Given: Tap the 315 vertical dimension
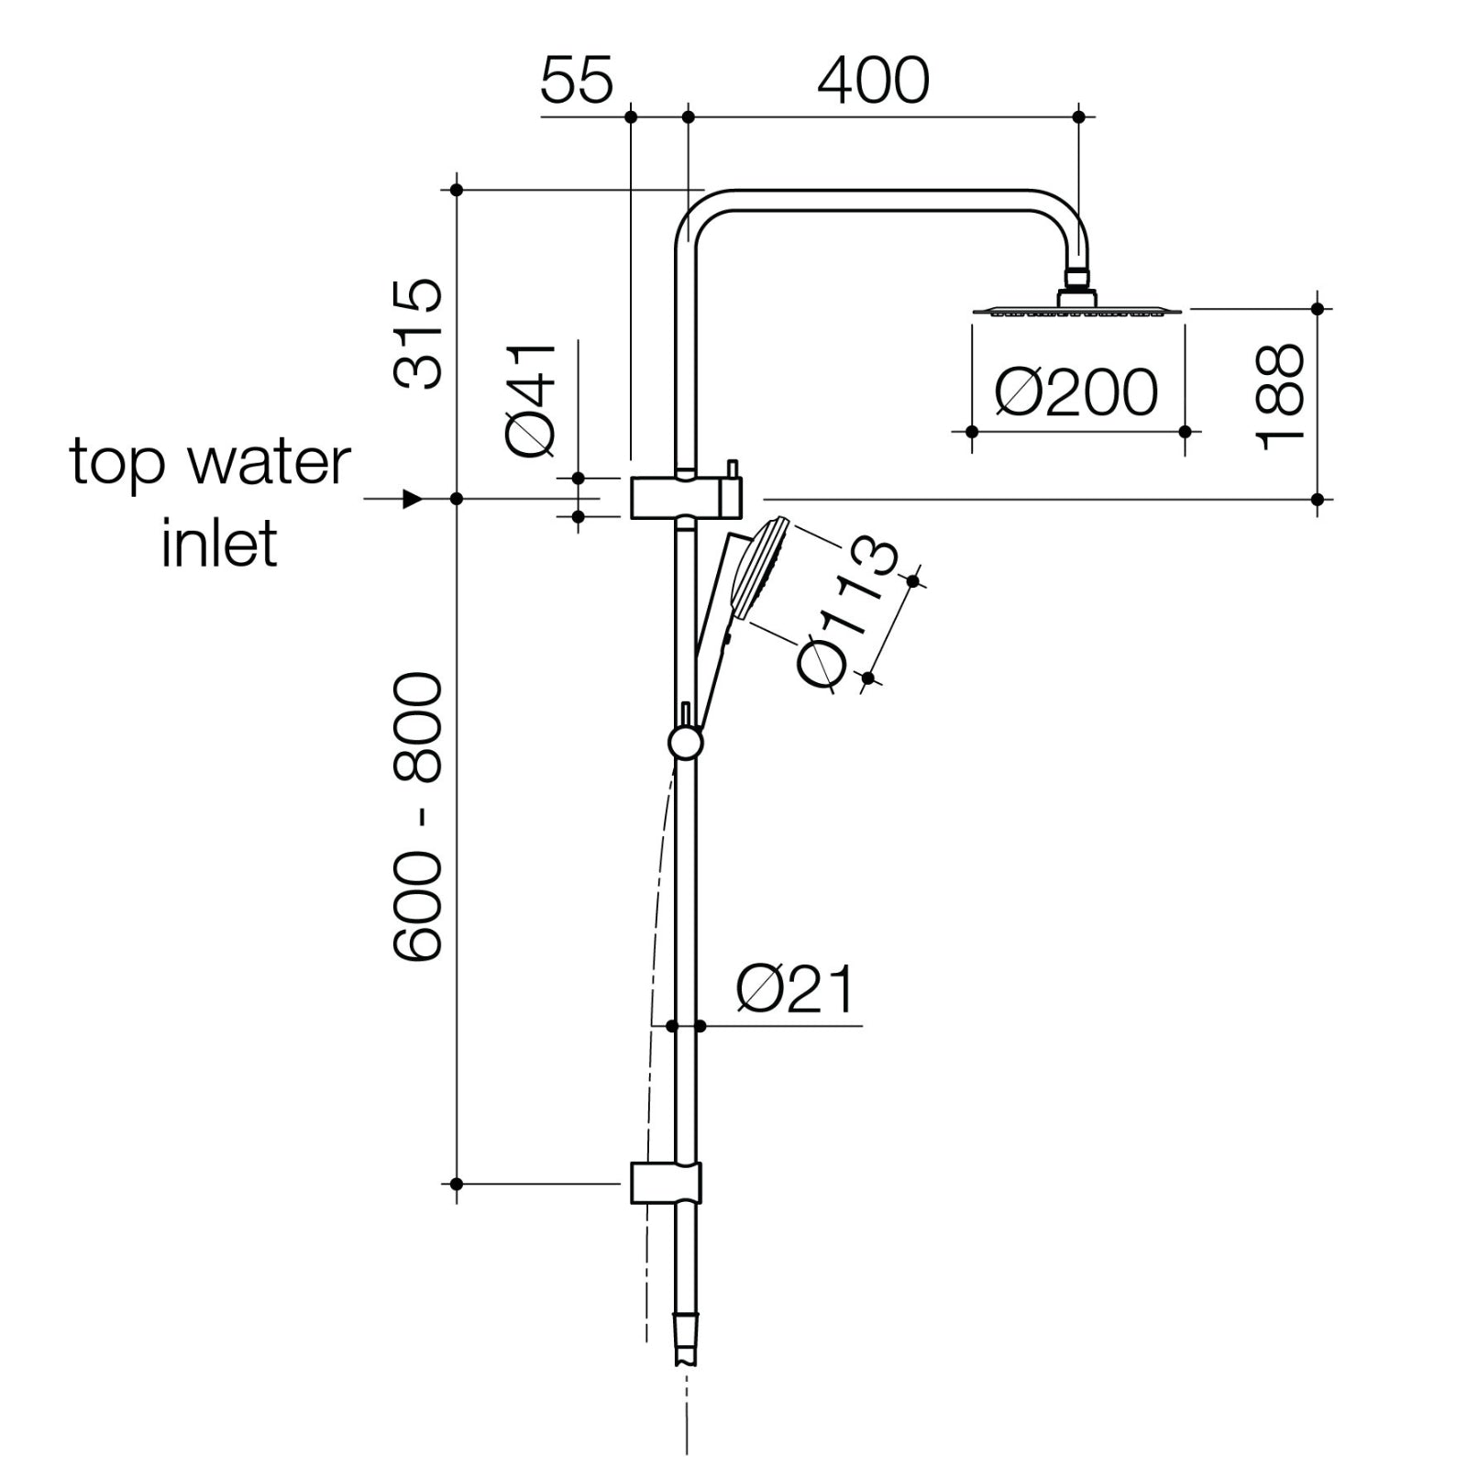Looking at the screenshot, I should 418,335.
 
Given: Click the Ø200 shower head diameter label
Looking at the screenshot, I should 1076,392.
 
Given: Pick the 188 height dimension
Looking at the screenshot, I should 1280,396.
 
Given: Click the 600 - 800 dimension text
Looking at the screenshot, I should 418,816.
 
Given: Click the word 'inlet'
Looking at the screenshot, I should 219,543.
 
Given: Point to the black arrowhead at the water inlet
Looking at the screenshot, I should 413,499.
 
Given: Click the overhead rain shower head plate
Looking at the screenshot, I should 1076,311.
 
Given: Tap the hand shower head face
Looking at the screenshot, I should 768,568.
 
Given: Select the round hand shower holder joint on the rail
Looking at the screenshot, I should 685,742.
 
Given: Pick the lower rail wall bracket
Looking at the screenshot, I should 667,1183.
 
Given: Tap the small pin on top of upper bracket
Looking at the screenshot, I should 733,470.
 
